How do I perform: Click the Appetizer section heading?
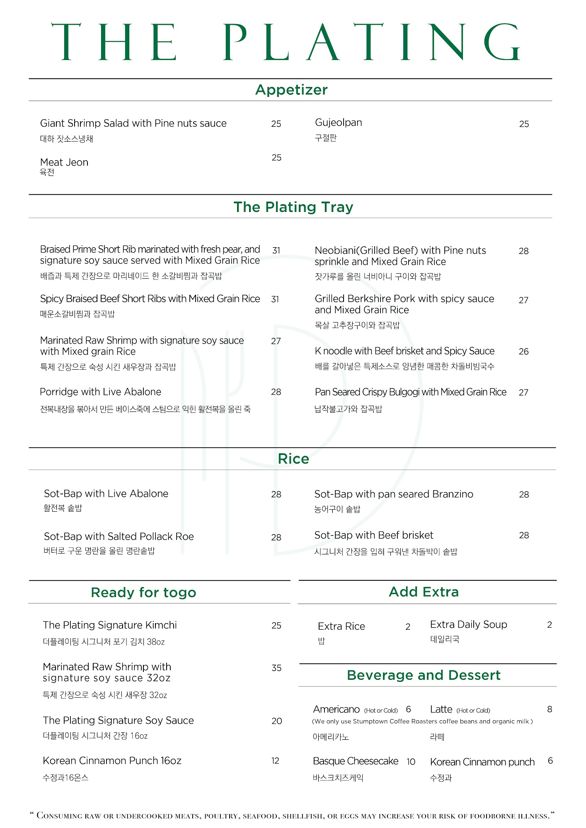click(x=291, y=90)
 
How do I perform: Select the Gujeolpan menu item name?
click(x=338, y=123)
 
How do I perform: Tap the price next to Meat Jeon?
click(x=276, y=158)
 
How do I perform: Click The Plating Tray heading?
click(x=293, y=207)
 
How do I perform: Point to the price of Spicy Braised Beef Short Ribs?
click(x=275, y=299)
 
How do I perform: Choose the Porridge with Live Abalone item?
click(x=100, y=392)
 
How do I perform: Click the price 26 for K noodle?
click(x=523, y=351)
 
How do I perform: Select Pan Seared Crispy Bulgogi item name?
click(x=410, y=392)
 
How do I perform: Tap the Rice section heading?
click(x=293, y=459)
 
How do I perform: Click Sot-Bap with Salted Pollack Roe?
click(x=119, y=537)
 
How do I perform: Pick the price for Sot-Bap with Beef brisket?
click(x=524, y=535)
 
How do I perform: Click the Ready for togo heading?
click(x=143, y=592)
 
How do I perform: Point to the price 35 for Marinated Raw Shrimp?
click(x=276, y=668)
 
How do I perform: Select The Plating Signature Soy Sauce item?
click(x=118, y=720)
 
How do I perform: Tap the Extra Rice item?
click(x=341, y=626)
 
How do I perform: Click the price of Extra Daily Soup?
click(x=549, y=625)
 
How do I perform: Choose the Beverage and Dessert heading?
click(x=424, y=675)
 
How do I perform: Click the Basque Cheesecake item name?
click(x=355, y=761)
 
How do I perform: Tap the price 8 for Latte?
click(x=550, y=709)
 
